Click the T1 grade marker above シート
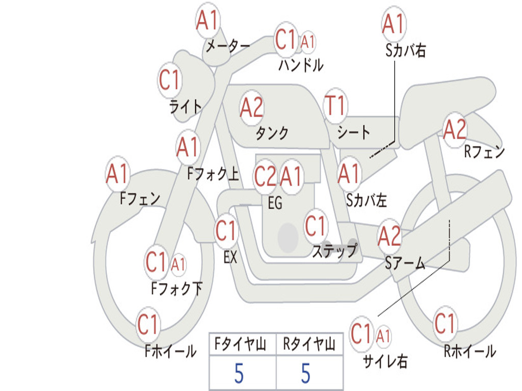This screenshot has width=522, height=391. click(x=335, y=106)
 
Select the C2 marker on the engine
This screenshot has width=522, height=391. click(x=265, y=176)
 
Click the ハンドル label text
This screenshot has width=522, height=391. click(x=301, y=65)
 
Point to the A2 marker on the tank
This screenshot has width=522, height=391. click(x=252, y=108)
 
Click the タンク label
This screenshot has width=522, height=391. click(x=272, y=133)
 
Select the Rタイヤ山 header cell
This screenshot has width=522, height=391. click(x=309, y=344)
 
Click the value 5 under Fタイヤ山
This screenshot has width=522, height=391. click(x=239, y=373)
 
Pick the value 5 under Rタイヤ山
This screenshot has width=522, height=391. click(x=306, y=373)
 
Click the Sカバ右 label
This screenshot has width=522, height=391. click(x=405, y=50)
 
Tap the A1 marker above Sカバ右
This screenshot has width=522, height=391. click(x=394, y=24)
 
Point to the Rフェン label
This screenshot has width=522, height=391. click(x=484, y=152)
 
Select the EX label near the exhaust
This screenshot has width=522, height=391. click(x=230, y=257)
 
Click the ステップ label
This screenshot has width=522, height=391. click(x=334, y=250)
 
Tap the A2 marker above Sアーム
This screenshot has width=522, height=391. click(x=389, y=236)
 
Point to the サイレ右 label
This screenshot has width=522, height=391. click(x=385, y=361)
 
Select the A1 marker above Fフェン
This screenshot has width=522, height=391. click(x=118, y=174)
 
